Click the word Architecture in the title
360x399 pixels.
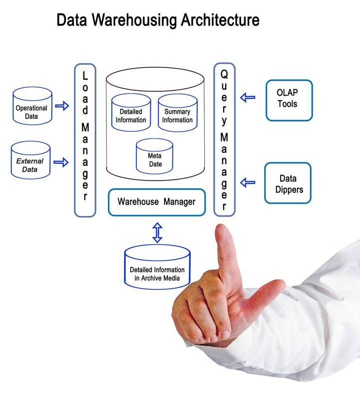click(x=218, y=20)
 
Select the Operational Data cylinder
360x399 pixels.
click(x=32, y=106)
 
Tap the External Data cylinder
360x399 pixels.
click(x=30, y=160)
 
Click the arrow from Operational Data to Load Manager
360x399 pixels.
click(x=62, y=106)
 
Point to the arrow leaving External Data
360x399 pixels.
click(x=61, y=162)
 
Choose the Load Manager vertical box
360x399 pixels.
click(x=85, y=140)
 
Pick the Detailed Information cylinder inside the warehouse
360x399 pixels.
click(x=131, y=113)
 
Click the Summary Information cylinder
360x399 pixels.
click(x=177, y=113)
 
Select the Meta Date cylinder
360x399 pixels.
click(x=154, y=157)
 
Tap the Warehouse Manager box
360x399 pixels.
click(x=156, y=202)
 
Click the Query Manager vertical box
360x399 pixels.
click(x=224, y=140)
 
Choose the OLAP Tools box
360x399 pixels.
click(x=289, y=100)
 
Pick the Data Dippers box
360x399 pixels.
click(x=288, y=183)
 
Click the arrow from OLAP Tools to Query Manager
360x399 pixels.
click(x=248, y=97)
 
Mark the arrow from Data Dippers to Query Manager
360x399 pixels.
click(x=248, y=183)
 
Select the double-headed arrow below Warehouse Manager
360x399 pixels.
click(x=157, y=232)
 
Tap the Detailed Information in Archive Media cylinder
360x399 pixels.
click(x=157, y=266)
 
